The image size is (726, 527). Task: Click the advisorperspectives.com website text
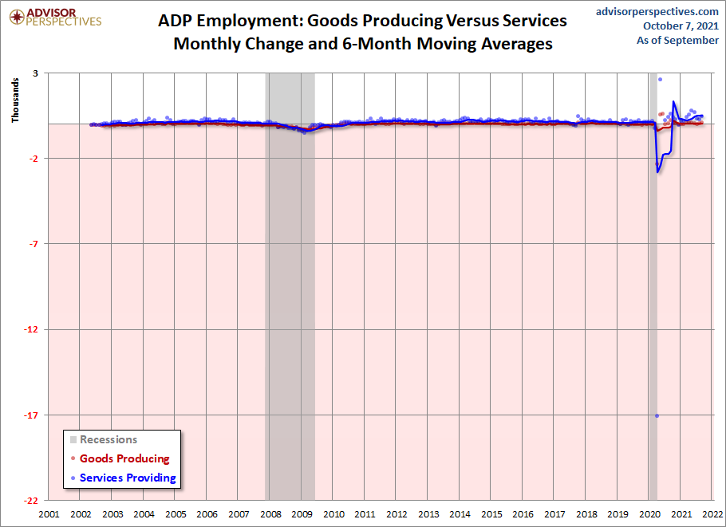coord(657,11)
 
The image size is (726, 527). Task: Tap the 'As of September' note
coord(677,40)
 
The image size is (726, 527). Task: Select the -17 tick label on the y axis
coord(35,415)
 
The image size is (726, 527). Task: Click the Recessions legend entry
coord(108,439)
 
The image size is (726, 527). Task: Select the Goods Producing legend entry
coord(124,458)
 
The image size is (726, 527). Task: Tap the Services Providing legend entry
coord(128,478)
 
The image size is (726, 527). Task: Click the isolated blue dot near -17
coord(657,415)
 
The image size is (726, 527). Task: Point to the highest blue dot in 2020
coord(660,79)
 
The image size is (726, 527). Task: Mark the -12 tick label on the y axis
coord(35,329)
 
